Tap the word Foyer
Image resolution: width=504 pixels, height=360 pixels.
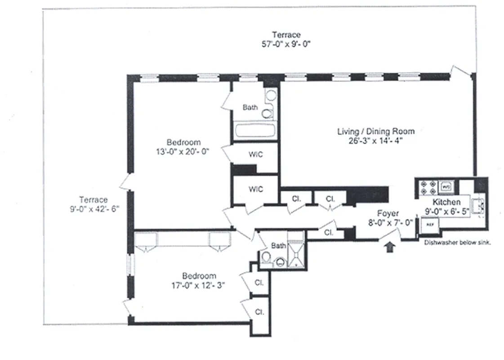pyautogui.click(x=388, y=213)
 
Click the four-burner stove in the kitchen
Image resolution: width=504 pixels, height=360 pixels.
pyautogui.click(x=425, y=188)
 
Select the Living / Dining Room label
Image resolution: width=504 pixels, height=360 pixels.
pyautogui.click(x=376, y=131)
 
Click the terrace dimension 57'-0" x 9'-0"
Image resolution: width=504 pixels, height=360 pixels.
pyautogui.click(x=286, y=44)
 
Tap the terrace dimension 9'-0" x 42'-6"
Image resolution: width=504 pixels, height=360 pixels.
pyautogui.click(x=93, y=209)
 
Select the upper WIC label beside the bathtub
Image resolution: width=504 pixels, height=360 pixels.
pyautogui.click(x=255, y=154)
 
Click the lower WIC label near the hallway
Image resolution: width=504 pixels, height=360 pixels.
pyautogui.click(x=255, y=189)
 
